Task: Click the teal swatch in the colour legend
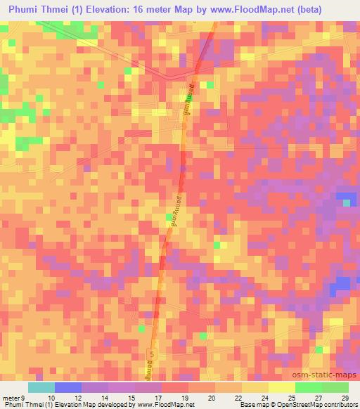pos(41,387)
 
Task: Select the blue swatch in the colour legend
pos(68,387)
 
